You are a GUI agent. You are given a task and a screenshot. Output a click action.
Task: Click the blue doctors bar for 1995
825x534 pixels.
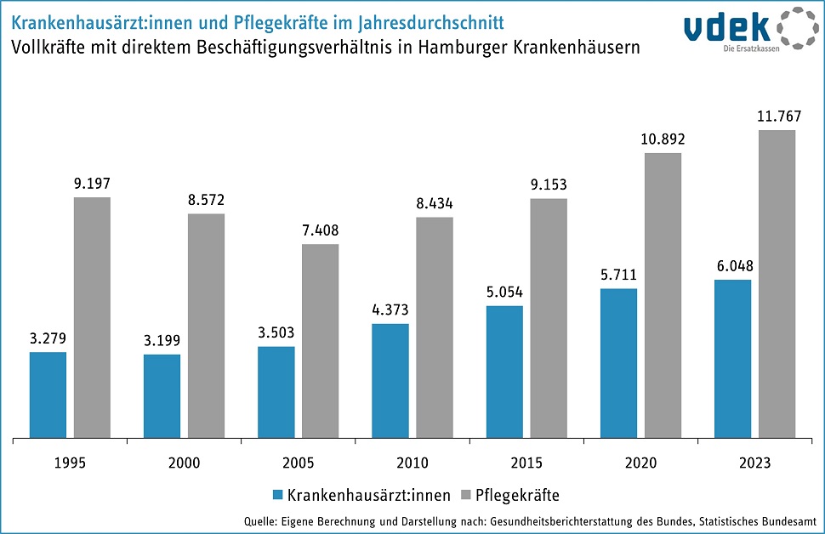point(48,395)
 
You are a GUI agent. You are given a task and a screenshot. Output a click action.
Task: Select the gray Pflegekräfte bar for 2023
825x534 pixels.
point(777,285)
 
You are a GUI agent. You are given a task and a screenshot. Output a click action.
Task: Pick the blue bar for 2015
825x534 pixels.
point(504,372)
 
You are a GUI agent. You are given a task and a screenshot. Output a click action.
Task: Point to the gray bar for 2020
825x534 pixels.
point(663,296)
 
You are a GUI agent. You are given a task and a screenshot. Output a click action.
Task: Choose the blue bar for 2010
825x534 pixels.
point(390,381)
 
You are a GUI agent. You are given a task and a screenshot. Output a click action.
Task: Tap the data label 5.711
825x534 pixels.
point(618,275)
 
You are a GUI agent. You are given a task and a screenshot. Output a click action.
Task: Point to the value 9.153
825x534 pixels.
point(549,185)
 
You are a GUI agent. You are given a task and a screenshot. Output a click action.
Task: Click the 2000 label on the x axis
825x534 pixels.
point(185,463)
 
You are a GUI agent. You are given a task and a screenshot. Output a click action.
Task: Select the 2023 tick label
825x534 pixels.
point(754,463)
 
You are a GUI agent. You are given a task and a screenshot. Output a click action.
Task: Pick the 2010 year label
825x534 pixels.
point(412,463)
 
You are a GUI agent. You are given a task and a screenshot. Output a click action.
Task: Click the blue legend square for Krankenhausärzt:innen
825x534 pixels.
point(276,495)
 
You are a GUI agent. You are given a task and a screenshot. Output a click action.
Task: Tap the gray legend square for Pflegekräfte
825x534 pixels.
point(464,495)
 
